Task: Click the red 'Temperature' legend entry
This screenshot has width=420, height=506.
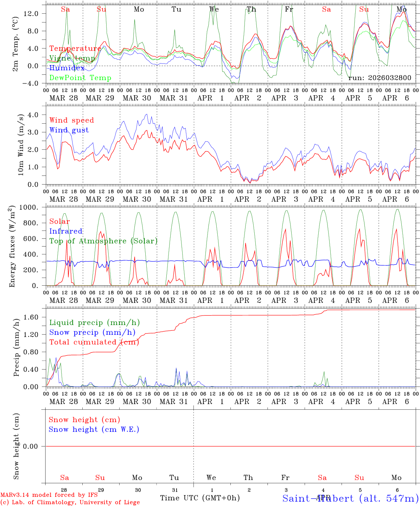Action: [x=75, y=48]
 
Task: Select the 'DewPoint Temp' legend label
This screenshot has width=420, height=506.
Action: [x=80, y=78]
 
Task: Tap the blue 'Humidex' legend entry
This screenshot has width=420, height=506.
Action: [x=67, y=68]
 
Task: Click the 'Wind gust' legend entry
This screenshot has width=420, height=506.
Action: [x=69, y=130]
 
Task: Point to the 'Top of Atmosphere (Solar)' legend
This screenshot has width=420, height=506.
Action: [x=103, y=241]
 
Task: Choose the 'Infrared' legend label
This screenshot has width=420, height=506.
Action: [x=66, y=231]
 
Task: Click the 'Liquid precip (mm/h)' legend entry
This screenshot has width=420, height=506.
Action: [x=94, y=323]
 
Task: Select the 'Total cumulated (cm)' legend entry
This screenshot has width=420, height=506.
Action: [x=94, y=342]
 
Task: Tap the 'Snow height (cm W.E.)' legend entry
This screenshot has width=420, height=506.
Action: [x=94, y=429]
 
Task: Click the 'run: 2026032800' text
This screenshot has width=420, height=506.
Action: [x=380, y=78]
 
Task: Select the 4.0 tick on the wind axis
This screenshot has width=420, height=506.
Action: [x=34, y=115]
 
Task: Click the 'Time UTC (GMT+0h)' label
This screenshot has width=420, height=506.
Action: [x=200, y=498]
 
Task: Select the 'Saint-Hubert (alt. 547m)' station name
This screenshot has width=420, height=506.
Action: [x=350, y=498]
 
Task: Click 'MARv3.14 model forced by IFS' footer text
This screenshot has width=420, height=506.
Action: [x=49, y=495]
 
